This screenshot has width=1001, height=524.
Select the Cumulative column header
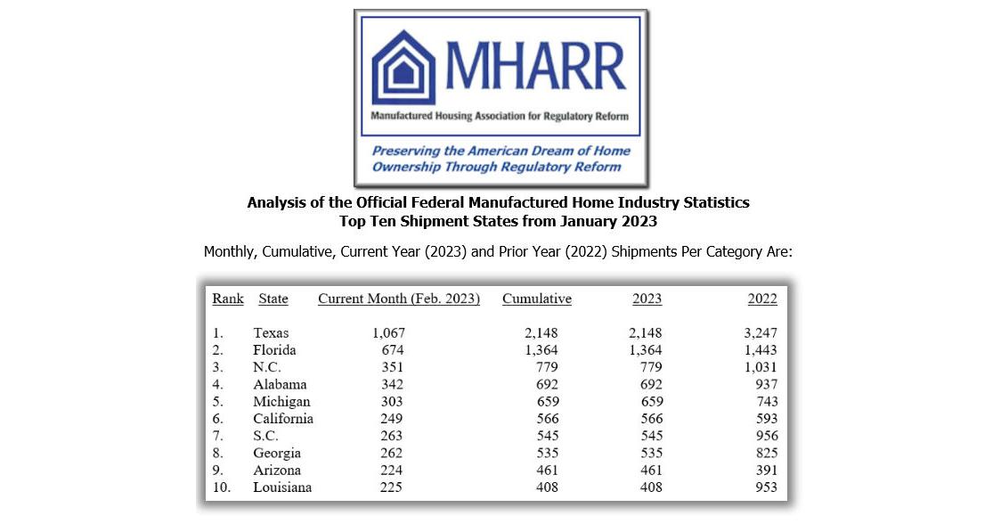click(537, 299)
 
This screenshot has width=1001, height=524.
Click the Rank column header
click(228, 299)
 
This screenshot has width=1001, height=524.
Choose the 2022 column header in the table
click(762, 299)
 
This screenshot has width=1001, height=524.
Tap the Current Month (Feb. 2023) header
click(399, 299)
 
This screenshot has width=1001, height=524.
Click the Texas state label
click(271, 333)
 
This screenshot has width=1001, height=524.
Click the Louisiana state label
click(282, 487)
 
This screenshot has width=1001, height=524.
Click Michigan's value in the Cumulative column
click(544, 402)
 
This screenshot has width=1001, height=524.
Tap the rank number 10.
click(221, 487)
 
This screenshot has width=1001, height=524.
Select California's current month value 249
click(389, 419)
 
